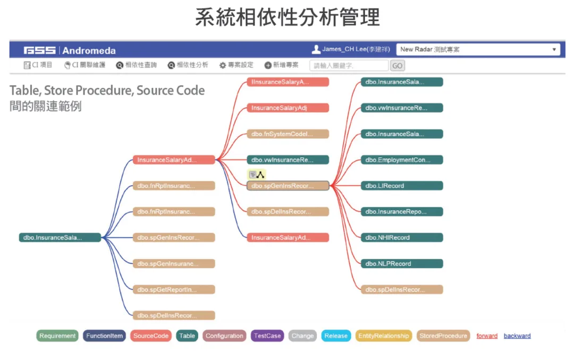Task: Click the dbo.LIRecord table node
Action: click(x=402, y=186)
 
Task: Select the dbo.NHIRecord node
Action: click(x=402, y=238)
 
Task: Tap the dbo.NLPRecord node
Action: click(x=402, y=264)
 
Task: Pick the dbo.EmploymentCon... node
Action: click(x=402, y=160)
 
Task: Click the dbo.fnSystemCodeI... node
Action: click(x=288, y=134)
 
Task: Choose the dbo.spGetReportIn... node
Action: click(x=173, y=290)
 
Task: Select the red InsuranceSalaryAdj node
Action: click(x=288, y=108)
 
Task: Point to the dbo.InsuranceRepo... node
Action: click(x=402, y=212)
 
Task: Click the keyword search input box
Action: click(x=349, y=65)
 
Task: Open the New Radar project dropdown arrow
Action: click(x=554, y=49)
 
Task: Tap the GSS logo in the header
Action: click(x=39, y=50)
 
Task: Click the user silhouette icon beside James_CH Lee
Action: click(x=316, y=49)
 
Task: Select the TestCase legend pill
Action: click(x=267, y=336)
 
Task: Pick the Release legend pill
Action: click(x=336, y=336)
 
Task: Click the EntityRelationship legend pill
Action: click(x=383, y=336)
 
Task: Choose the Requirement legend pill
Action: click(x=57, y=336)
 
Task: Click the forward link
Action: click(x=487, y=336)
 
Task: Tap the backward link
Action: click(x=517, y=336)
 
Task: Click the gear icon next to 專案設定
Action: click(x=223, y=65)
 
